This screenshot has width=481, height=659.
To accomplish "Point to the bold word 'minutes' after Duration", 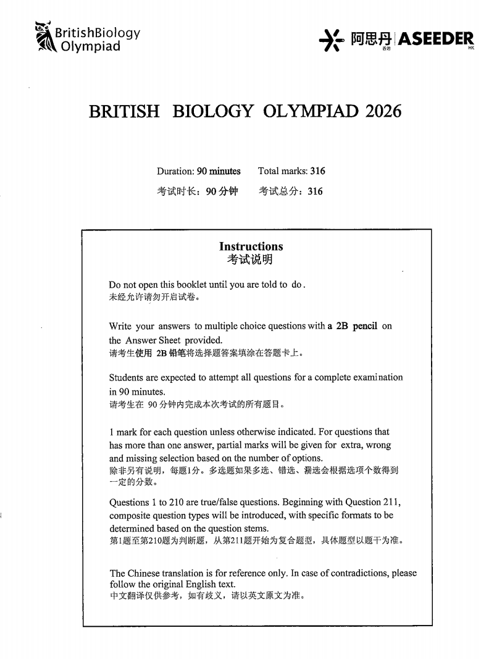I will (x=225, y=171).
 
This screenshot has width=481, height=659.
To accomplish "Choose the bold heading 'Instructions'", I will (x=255, y=246).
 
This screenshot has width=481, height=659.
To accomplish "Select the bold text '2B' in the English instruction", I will (x=342, y=327).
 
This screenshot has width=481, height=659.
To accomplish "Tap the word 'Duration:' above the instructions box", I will (x=175, y=171).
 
